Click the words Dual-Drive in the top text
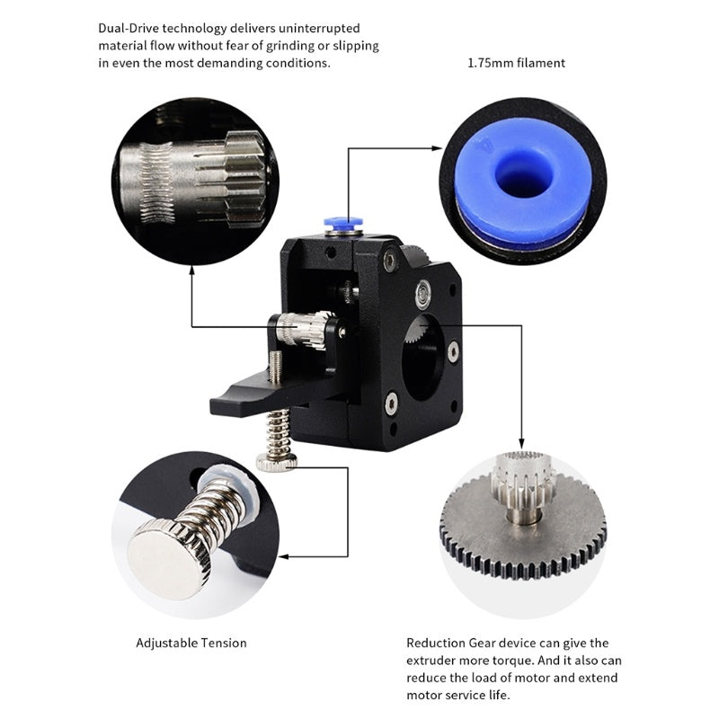(x=127, y=27)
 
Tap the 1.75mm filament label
(x=516, y=63)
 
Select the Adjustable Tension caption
(x=191, y=643)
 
